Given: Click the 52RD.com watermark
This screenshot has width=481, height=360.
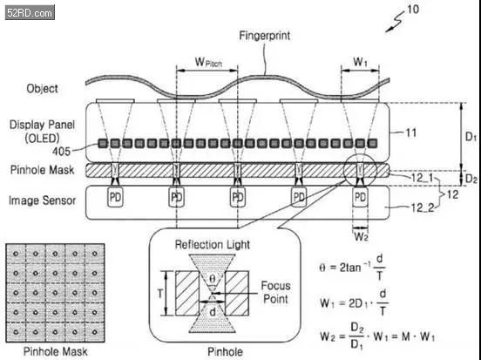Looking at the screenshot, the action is pyautogui.click(x=30, y=13).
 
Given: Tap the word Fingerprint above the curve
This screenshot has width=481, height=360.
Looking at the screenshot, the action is pyautogui.click(x=264, y=36).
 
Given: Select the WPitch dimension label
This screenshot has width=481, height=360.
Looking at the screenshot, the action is pyautogui.click(x=208, y=62).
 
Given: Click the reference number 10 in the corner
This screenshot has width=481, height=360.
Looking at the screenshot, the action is pyautogui.click(x=413, y=10).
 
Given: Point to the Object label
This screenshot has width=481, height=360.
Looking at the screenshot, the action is pyautogui.click(x=42, y=89).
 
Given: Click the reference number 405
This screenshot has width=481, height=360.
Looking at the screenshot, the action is pyautogui.click(x=61, y=152).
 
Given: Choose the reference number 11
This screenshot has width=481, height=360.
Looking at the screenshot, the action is pyautogui.click(x=411, y=132).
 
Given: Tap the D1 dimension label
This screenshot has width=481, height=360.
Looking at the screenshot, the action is pyautogui.click(x=471, y=137).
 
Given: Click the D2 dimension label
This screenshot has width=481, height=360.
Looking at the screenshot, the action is pyautogui.click(x=471, y=179).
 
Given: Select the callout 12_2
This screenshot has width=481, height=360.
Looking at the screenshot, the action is pyautogui.click(x=423, y=207).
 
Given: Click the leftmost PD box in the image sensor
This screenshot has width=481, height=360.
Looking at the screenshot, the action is pyautogui.click(x=115, y=197).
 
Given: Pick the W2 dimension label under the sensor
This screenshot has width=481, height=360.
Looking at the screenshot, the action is pyautogui.click(x=361, y=237).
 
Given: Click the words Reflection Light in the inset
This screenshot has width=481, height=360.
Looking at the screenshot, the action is pyautogui.click(x=213, y=245).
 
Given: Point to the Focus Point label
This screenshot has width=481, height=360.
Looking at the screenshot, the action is pyautogui.click(x=275, y=292).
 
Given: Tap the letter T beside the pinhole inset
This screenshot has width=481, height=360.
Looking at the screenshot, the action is pyautogui.click(x=159, y=294).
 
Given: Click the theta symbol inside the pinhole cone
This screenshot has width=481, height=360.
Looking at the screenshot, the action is pyautogui.click(x=213, y=279).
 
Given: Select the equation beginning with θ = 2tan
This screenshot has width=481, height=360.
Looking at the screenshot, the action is pyautogui.click(x=352, y=267).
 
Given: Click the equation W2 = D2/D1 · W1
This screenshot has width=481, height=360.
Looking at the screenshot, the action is pyautogui.click(x=377, y=336).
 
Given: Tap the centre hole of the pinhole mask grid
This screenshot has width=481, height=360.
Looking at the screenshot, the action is pyautogui.click(x=55, y=293).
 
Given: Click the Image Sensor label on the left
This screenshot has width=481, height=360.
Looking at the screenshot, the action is pyautogui.click(x=42, y=200).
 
